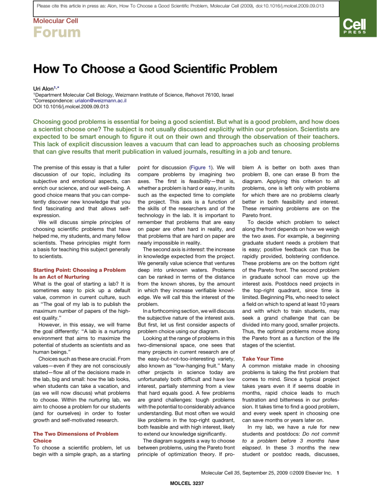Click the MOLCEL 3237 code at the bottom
[188, 483]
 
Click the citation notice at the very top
[188, 5]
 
